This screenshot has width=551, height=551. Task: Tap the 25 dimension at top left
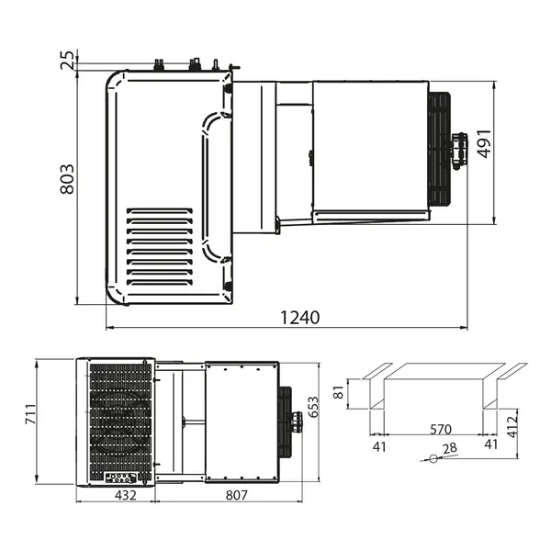pos(66,61)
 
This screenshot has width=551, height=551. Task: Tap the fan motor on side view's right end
pos(458,150)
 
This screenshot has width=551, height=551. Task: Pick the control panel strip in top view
pos(120,478)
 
